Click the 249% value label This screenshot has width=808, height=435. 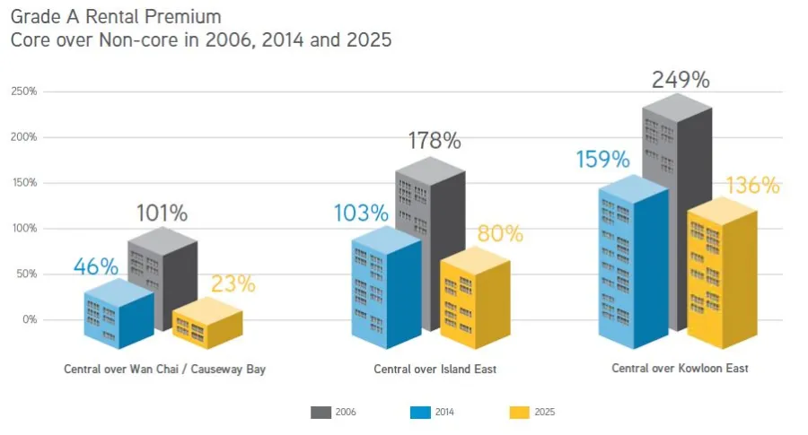pyautogui.click(x=681, y=80)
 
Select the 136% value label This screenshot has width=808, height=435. pyautogui.click(x=751, y=186)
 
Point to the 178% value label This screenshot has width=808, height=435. pyautogui.click(x=434, y=141)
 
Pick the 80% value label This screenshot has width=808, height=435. pyautogui.click(x=498, y=234)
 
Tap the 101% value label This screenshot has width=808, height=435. pyautogui.click(x=162, y=213)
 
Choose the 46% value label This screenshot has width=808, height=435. pyautogui.click(x=95, y=266)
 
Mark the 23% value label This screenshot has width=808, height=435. pyautogui.click(x=233, y=284)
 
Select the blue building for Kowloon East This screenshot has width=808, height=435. pyautogui.click(x=633, y=265)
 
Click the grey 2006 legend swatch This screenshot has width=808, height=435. pyautogui.click(x=321, y=412)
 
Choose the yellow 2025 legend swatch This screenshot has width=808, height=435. pyautogui.click(x=520, y=412)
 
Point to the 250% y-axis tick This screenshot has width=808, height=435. pyautogui.click(x=24, y=91)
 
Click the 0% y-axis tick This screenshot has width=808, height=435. pyautogui.click(x=29, y=319)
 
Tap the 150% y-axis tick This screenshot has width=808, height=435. pyautogui.click(x=24, y=183)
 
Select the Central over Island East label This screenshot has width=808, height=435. pyautogui.click(x=435, y=369)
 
